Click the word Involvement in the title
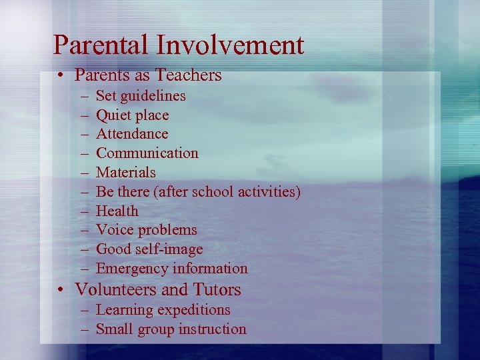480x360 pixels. pyautogui.click(x=230, y=45)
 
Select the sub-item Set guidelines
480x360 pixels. pyautogui.click(x=141, y=96)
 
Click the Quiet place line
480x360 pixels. pyautogui.click(x=132, y=115)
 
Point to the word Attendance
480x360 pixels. pyautogui.click(x=132, y=134)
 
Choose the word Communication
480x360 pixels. pyautogui.click(x=147, y=153)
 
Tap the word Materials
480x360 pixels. pyautogui.click(x=125, y=173)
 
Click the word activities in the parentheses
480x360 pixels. pyautogui.click(x=265, y=192)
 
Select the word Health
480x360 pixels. pyautogui.click(x=117, y=211)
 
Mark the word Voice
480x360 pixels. pyautogui.click(x=114, y=230)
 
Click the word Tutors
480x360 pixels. pyautogui.click(x=216, y=290)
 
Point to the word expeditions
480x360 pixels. pyautogui.click(x=193, y=310)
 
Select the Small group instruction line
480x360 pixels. pyautogui.click(x=171, y=329)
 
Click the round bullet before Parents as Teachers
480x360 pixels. pyautogui.click(x=61, y=76)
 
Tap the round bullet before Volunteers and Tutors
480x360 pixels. pyautogui.click(x=61, y=291)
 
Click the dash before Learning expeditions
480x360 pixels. pyautogui.click(x=87, y=310)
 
